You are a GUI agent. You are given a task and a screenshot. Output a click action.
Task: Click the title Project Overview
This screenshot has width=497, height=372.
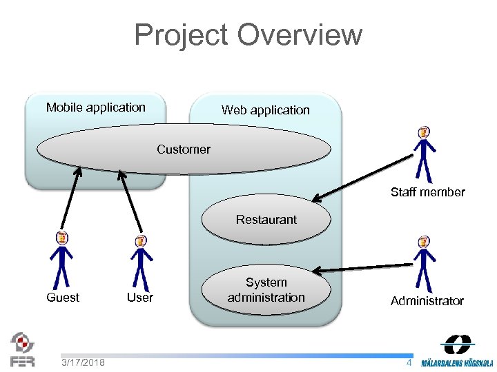point(248,34)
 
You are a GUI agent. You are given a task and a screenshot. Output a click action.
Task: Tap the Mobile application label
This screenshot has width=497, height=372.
point(96,107)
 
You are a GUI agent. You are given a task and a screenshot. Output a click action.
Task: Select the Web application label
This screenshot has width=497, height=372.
point(265,110)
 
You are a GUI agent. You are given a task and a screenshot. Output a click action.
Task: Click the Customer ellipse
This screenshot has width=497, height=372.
point(184,149)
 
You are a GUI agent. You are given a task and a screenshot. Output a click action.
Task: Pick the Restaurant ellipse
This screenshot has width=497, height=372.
point(266,220)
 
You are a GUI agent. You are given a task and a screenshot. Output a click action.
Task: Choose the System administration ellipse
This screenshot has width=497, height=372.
point(266,290)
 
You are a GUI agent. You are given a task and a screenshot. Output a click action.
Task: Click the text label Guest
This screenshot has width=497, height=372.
point(63,298)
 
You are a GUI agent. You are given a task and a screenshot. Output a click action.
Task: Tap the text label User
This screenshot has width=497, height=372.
point(140,298)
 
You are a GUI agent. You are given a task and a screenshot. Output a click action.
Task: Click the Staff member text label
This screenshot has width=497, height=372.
point(428,192)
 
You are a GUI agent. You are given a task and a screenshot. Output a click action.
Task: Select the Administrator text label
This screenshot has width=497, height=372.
point(427,301)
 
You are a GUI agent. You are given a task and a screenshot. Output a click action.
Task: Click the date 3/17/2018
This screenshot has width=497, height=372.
point(83,362)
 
